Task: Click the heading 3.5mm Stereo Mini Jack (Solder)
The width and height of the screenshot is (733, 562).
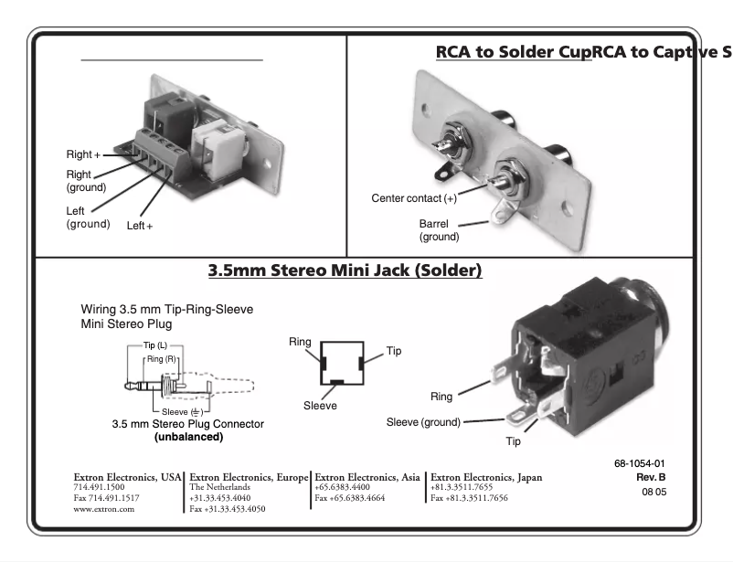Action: click(x=345, y=270)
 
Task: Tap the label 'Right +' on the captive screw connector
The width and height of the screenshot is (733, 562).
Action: click(x=83, y=154)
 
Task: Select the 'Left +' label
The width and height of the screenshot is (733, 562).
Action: click(x=139, y=225)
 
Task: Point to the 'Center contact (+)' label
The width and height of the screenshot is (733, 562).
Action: click(x=413, y=198)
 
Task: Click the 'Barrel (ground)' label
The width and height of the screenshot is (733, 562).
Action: click(x=439, y=230)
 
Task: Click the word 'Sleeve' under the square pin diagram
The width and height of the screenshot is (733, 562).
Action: click(x=320, y=406)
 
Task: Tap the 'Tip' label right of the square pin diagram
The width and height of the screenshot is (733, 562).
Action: click(x=393, y=351)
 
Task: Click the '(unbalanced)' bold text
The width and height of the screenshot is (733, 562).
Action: click(x=188, y=437)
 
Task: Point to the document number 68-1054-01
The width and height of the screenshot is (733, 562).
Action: click(x=640, y=463)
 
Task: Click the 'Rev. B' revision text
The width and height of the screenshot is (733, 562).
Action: click(x=650, y=477)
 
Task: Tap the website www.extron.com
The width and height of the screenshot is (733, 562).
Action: click(x=103, y=509)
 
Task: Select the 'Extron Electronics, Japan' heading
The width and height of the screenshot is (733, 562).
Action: click(x=486, y=477)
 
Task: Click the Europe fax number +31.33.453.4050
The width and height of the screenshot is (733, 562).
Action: click(x=227, y=509)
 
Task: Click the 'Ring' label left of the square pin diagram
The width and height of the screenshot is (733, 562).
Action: click(x=300, y=342)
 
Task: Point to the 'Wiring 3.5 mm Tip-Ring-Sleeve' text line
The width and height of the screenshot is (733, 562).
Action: click(x=166, y=310)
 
